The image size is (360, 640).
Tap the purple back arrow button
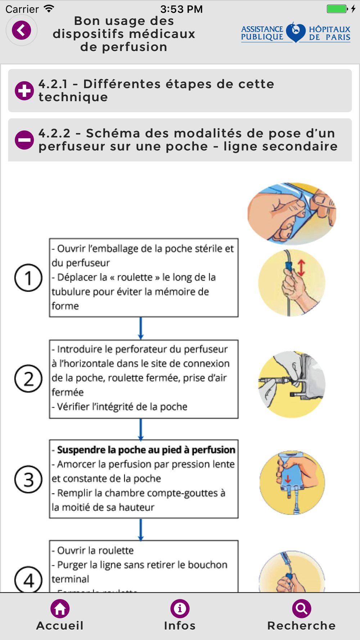click(22, 30)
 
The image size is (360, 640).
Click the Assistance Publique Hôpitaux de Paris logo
click(296, 33)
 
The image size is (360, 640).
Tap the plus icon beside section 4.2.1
click(24, 91)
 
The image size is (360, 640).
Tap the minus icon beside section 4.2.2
click(24, 140)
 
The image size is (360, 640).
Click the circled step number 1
click(28, 278)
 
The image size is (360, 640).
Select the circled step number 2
click(28, 379)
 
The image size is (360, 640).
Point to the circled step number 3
click(28, 479)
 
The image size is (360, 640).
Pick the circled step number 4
click(28, 580)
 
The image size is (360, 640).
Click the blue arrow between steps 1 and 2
click(141, 328)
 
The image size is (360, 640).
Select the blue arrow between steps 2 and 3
click(141, 429)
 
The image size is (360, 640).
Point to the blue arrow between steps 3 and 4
click(141, 529)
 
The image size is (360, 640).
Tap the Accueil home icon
click(60, 609)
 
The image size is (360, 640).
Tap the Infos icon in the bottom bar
click(180, 609)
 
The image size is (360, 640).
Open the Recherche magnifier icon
click(301, 609)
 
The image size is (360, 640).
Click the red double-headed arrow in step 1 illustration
click(301, 268)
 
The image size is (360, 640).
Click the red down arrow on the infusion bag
click(288, 479)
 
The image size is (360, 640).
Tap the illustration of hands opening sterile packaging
click(292, 213)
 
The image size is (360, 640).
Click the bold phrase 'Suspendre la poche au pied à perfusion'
click(146, 450)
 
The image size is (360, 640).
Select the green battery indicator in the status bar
click(337, 9)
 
